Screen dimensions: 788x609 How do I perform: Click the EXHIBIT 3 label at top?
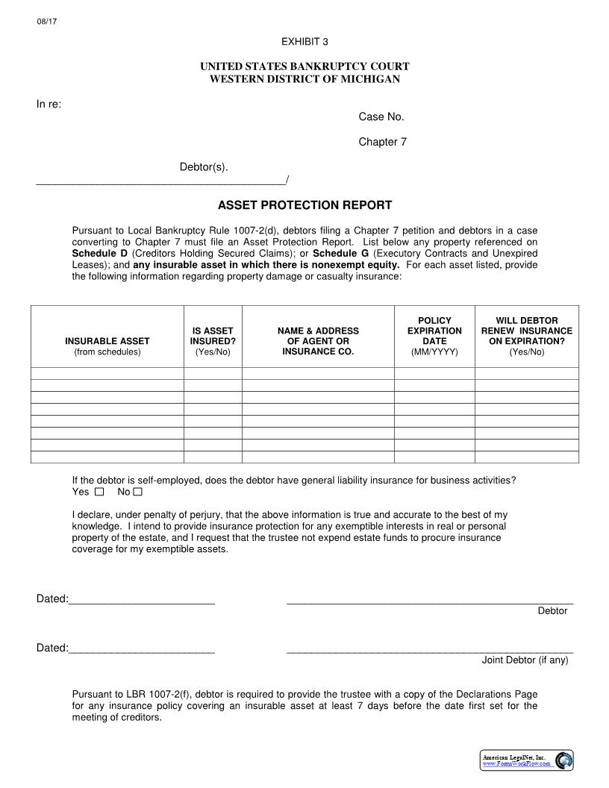(x=304, y=41)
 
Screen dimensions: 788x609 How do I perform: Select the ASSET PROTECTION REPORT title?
(x=304, y=205)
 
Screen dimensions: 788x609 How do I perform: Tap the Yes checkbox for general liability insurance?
(x=99, y=492)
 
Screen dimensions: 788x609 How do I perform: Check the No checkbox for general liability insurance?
(x=137, y=492)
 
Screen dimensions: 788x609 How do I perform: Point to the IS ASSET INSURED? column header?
(x=213, y=340)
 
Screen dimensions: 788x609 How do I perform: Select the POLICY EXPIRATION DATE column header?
(x=434, y=336)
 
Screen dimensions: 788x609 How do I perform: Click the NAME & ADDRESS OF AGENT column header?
(x=318, y=340)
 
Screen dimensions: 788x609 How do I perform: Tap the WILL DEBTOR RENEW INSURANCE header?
(x=527, y=336)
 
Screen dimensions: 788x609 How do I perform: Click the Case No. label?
(x=381, y=116)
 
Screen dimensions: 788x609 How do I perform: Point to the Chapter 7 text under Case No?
(x=382, y=142)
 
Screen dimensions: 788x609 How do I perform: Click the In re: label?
(x=49, y=104)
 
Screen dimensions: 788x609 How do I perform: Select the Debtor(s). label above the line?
(x=204, y=166)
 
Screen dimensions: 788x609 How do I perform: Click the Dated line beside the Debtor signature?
(x=141, y=599)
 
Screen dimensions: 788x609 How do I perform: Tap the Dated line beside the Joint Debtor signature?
(x=141, y=648)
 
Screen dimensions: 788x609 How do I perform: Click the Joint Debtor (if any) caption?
(x=525, y=660)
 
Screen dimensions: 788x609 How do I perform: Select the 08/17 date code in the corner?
(x=46, y=21)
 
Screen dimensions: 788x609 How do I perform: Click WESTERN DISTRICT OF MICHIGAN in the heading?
(x=304, y=79)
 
